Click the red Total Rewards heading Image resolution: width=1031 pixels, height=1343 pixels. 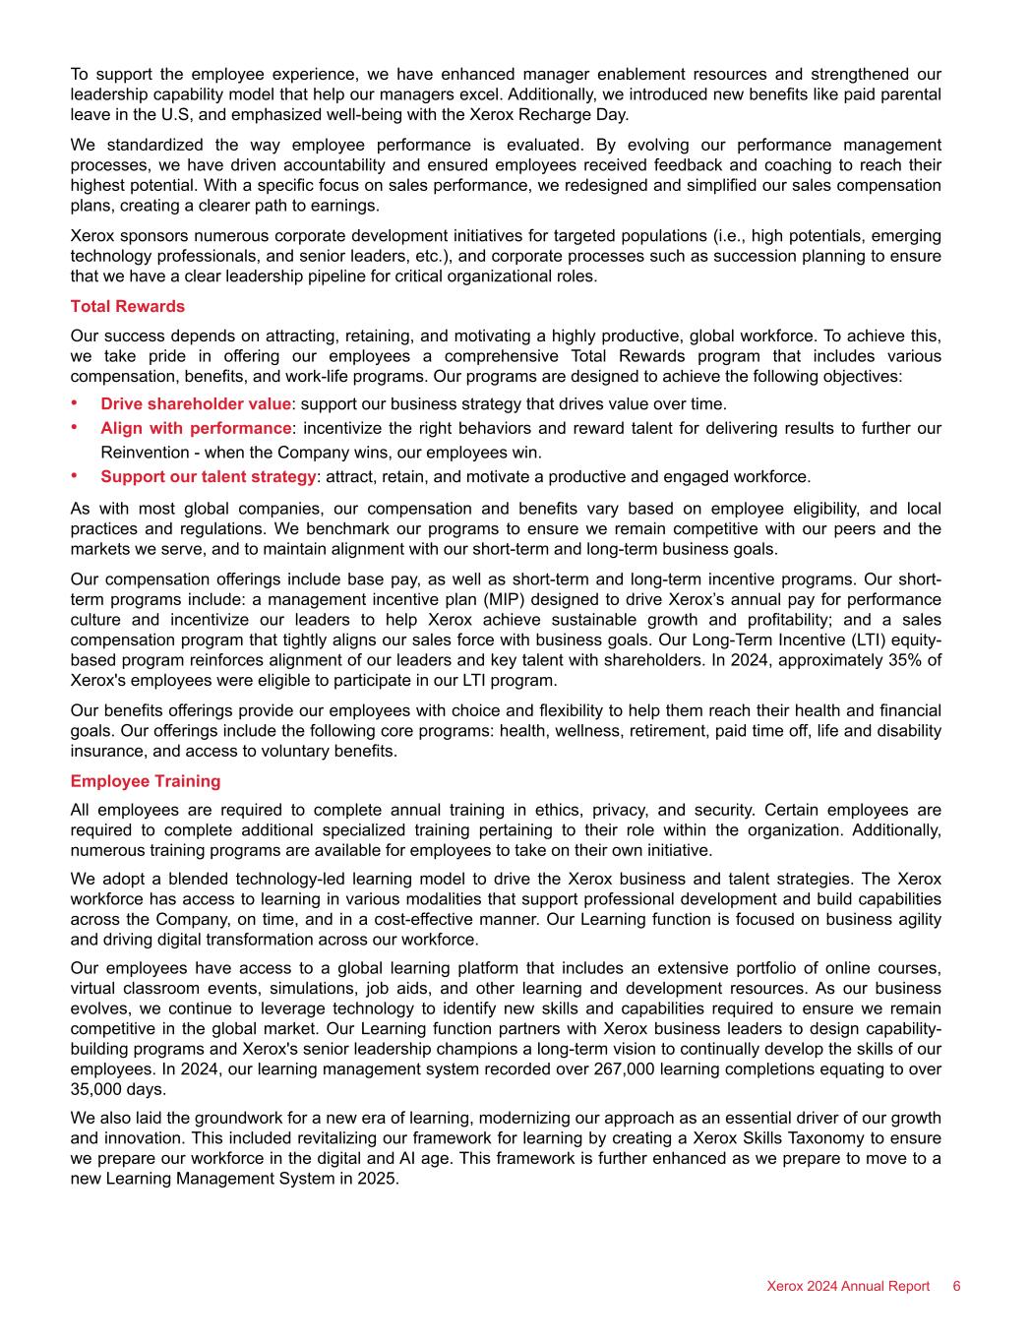(x=128, y=306)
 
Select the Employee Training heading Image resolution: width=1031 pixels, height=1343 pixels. (x=146, y=781)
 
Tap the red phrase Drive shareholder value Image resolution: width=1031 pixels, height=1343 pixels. (x=196, y=403)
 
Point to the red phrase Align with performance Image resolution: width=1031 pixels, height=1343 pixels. (x=196, y=428)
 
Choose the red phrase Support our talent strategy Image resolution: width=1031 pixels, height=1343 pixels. (x=208, y=477)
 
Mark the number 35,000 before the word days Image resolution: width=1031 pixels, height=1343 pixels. (x=100, y=1089)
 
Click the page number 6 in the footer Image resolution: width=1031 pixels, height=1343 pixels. (x=956, y=1286)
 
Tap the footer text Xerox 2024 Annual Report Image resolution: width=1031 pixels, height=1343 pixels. (x=848, y=1286)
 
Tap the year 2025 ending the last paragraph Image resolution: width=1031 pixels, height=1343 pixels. (x=377, y=1179)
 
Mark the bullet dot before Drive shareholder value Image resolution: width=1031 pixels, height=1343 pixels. (x=75, y=403)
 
